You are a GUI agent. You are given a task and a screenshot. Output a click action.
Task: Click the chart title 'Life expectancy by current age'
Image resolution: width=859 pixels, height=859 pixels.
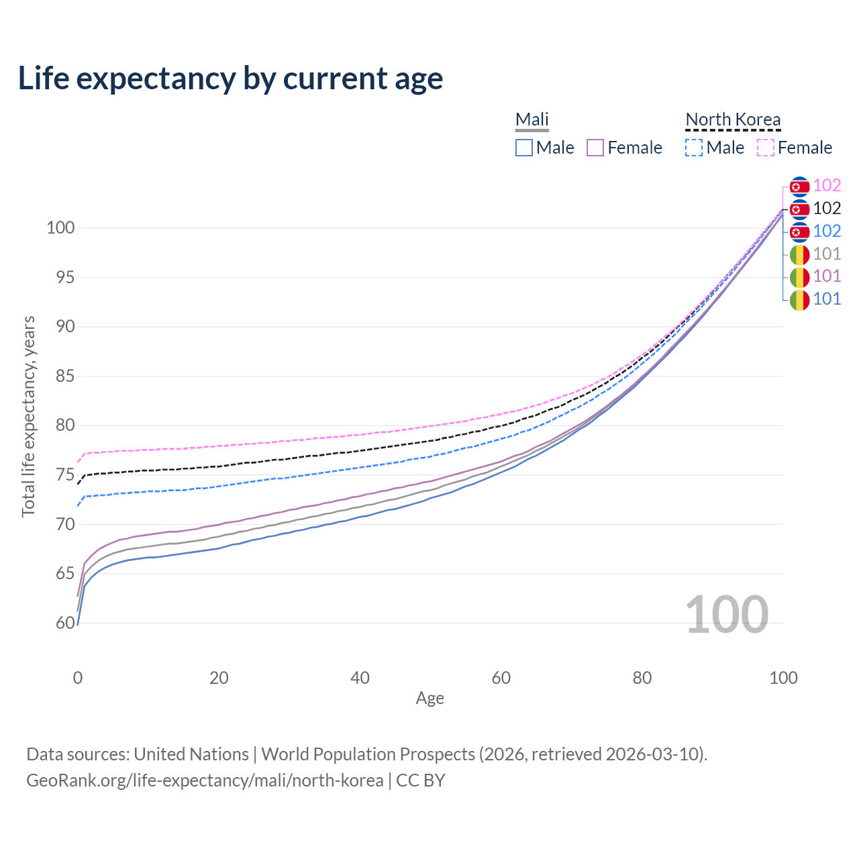point(230,78)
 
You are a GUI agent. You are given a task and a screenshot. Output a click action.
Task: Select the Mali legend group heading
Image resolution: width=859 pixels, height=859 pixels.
point(532,119)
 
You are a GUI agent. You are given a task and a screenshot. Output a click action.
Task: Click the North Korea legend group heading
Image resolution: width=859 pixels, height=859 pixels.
point(733,119)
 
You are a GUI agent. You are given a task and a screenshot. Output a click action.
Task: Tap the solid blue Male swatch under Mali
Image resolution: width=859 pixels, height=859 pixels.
point(524,148)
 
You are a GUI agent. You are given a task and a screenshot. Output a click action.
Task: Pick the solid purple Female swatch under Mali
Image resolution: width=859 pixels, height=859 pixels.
point(595,148)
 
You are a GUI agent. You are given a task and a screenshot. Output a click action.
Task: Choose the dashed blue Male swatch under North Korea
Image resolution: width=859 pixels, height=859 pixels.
point(694,148)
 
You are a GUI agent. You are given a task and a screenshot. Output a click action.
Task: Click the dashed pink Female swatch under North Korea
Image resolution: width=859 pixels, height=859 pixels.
point(766,148)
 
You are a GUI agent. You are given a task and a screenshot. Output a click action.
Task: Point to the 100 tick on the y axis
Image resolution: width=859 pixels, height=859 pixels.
point(60,228)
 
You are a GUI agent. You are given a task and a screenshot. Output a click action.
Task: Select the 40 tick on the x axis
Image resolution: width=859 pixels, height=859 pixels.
point(360,678)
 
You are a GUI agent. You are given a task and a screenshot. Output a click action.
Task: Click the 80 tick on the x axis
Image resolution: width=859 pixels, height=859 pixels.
point(642,678)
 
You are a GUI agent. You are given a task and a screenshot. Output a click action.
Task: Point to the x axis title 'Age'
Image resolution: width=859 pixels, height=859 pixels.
point(429,699)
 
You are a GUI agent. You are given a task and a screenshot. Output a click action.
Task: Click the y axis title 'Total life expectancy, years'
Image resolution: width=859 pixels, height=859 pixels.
point(28,416)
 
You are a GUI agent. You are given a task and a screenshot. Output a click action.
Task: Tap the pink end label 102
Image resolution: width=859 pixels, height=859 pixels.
point(827,185)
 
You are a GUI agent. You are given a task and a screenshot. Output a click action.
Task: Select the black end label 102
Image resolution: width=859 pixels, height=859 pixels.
point(827,209)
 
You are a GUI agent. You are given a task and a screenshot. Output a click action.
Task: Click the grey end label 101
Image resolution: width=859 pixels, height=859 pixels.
point(827,254)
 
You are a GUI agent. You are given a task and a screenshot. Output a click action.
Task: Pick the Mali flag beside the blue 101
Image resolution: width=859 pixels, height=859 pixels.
point(799,299)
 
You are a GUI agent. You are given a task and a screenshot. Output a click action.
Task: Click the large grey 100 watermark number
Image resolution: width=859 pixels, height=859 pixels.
point(726,614)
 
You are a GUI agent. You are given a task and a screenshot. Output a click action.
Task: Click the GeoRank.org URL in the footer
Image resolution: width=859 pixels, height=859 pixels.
point(205,780)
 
